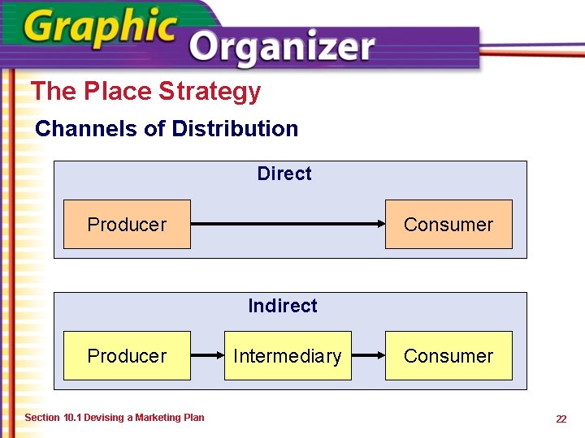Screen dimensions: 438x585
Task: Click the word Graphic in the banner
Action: [x=100, y=29]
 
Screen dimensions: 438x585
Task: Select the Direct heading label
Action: [x=284, y=174]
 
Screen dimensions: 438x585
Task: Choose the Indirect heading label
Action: [x=283, y=306]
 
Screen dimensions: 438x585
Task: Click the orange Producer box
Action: [x=127, y=225]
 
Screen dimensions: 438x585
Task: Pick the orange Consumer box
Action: [x=448, y=225]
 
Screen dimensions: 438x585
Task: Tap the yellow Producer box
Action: [x=127, y=356]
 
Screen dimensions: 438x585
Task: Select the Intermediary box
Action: [x=288, y=356]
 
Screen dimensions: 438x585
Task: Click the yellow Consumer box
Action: [x=448, y=356]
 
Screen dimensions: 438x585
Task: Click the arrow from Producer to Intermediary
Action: [x=207, y=355]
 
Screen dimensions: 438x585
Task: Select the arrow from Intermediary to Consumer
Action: [x=368, y=355]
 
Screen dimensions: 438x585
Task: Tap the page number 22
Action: [x=561, y=419]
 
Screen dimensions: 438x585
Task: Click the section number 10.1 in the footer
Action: [x=71, y=418]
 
